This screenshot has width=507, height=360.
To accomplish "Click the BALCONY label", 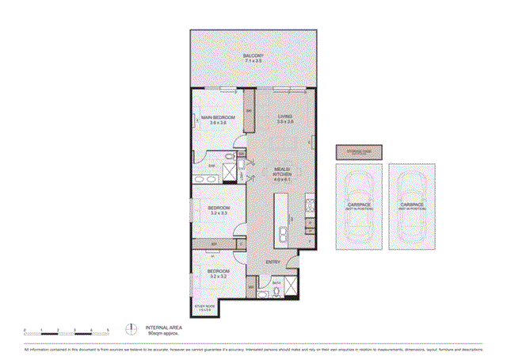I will (x=253, y=56).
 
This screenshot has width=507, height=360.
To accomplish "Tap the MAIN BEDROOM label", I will (x=214, y=117).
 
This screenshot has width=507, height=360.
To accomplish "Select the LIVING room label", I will (x=286, y=117).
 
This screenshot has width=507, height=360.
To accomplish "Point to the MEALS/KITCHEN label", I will (x=283, y=171).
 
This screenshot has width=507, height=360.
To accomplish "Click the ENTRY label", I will (x=273, y=262).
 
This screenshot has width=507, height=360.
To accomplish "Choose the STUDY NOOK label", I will (x=205, y=305).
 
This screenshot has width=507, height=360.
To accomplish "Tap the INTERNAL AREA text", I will (x=162, y=327).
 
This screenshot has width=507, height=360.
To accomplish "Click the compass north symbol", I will (x=130, y=327).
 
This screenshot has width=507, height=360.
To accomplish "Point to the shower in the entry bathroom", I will (x=292, y=285).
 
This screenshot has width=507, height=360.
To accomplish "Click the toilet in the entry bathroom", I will (x=275, y=292).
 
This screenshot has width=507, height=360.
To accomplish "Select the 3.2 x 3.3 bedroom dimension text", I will (x=219, y=213).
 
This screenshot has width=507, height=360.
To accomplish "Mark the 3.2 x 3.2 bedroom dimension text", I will (x=219, y=277).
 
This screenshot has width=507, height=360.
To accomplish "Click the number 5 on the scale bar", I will (x=106, y=327).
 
